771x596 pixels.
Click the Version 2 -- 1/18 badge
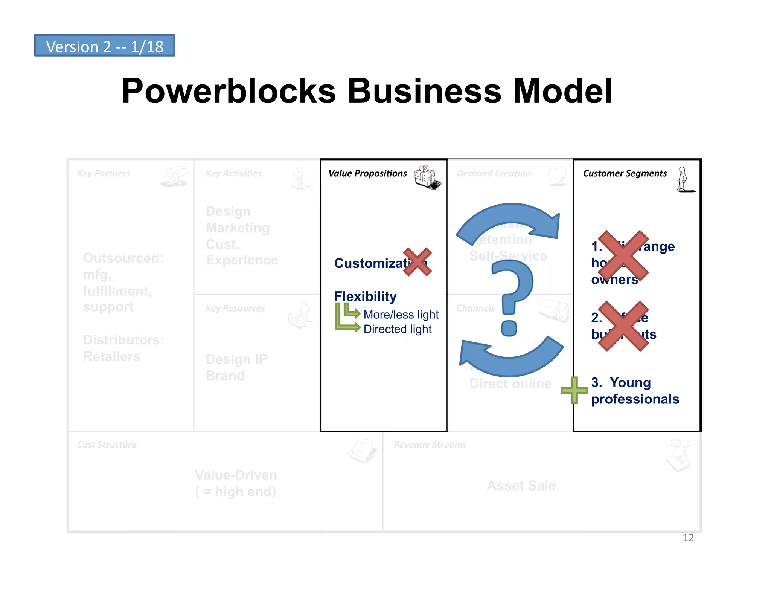104,46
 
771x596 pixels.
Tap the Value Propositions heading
367,173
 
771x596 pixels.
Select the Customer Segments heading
625,173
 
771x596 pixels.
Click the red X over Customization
417,262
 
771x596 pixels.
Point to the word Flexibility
365,296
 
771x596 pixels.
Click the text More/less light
401,314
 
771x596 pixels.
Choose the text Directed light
397,329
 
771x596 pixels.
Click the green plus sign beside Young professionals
574,390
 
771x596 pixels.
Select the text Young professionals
635,391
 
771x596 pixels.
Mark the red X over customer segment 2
623,326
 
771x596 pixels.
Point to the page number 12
688,538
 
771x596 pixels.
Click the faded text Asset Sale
521,486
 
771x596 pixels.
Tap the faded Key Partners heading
104,173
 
